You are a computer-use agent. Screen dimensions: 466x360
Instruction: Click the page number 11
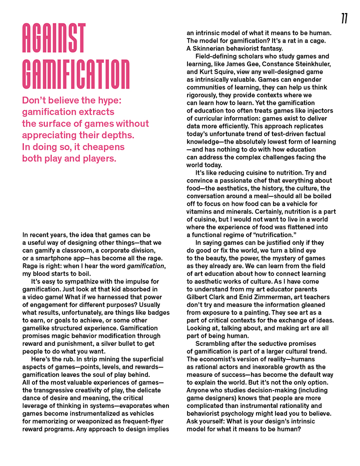pyautogui.click(x=344, y=19)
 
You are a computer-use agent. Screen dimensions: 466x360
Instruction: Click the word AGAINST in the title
pyautogui.click(x=54, y=39)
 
